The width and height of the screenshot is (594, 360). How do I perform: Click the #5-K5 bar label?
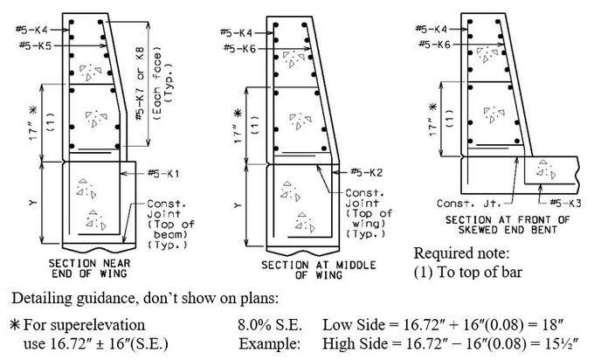click(35, 45)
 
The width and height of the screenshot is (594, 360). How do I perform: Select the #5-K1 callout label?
click(163, 174)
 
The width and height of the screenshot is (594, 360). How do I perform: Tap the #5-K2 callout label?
click(366, 172)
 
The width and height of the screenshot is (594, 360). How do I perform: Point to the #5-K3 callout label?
click(565, 203)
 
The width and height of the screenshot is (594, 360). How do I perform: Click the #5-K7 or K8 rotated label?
click(141, 83)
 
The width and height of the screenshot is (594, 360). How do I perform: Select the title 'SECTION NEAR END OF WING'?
click(89, 268)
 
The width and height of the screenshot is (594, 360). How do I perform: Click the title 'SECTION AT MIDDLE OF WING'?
click(318, 270)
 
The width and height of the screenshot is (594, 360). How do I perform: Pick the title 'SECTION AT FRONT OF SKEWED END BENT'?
click(508, 225)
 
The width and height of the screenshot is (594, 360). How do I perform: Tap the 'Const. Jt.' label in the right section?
click(468, 204)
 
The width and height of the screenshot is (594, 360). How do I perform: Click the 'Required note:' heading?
click(461, 253)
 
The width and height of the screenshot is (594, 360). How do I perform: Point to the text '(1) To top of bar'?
click(468, 272)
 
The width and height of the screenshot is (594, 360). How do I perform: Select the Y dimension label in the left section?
click(32, 203)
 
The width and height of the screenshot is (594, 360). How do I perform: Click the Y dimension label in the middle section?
click(238, 205)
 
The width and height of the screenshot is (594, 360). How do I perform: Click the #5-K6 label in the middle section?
click(239, 49)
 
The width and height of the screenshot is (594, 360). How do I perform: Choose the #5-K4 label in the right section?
click(432, 29)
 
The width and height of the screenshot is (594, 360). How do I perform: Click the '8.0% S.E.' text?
click(270, 325)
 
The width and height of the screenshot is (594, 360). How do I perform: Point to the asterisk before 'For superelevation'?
click(15, 325)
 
